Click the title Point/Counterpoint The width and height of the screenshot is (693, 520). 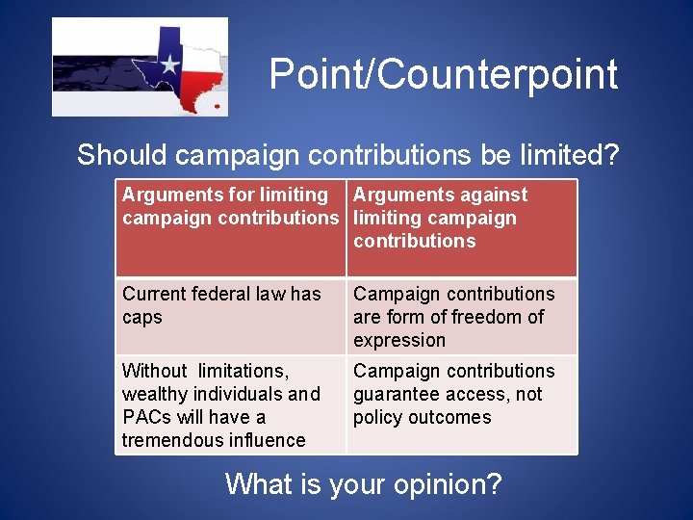point(443,75)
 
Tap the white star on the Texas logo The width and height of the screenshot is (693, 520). point(169,65)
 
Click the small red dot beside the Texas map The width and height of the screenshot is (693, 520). point(217,105)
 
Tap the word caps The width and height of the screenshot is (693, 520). point(142,317)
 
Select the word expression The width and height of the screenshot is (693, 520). point(399,340)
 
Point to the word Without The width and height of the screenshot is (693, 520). point(154,371)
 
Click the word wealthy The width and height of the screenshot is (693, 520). point(153,394)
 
